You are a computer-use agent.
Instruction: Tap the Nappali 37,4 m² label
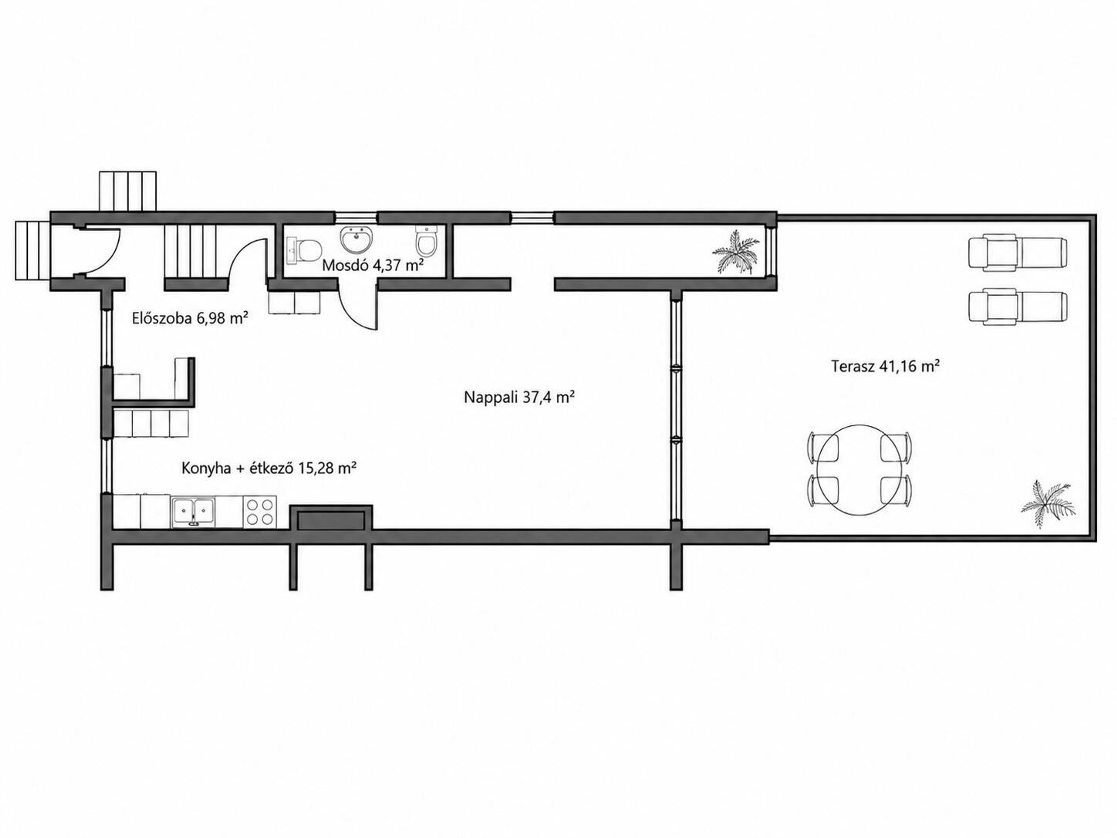click(x=520, y=397)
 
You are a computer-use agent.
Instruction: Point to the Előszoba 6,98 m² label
click(x=190, y=318)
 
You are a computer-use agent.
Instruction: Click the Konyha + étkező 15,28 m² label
click(x=269, y=468)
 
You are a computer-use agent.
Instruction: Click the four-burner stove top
click(x=260, y=512)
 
